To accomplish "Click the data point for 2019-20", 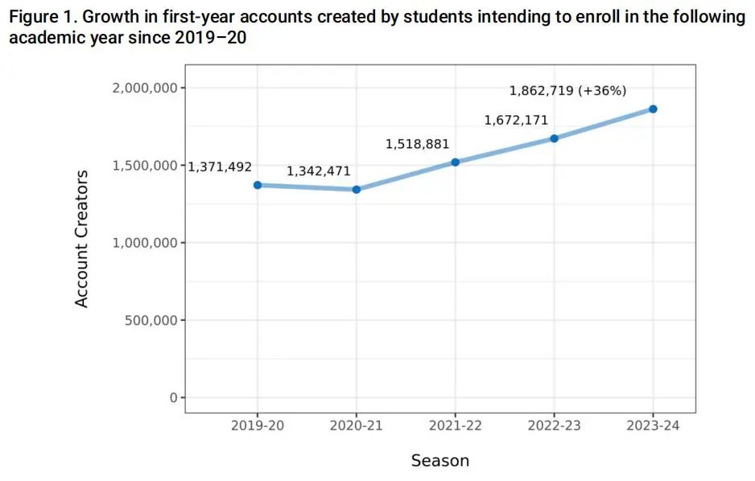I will (258, 185).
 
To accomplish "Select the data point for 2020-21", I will (357, 190).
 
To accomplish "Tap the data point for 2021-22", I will (456, 162).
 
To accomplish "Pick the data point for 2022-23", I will (555, 138).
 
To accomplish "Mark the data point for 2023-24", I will (653, 109).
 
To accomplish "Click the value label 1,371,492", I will (220, 166).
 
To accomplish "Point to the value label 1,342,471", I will (319, 171).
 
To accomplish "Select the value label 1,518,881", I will (418, 144).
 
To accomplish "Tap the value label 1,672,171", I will (516, 120).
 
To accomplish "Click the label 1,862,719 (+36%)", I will (568, 91).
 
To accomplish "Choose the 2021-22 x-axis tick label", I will (456, 425).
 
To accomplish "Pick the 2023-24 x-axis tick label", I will (653, 425).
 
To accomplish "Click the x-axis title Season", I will (439, 461).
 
